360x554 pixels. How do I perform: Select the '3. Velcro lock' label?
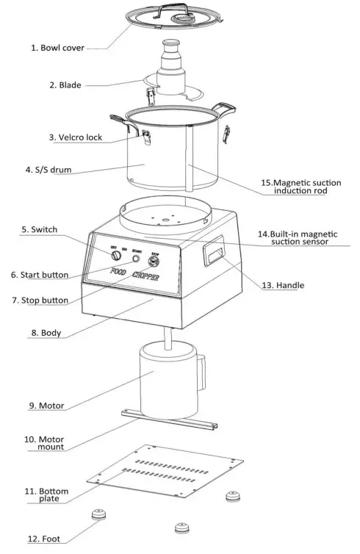(x=76, y=137)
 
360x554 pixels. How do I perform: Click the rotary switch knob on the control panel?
(x=115, y=255)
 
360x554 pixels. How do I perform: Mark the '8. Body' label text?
(x=46, y=332)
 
